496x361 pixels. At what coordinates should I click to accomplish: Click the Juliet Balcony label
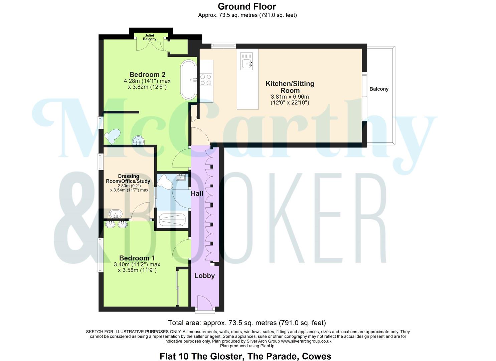[x=149, y=37]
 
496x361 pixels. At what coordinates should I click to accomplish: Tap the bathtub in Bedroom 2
[x=189, y=80]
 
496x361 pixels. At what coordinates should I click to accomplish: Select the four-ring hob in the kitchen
[x=206, y=80]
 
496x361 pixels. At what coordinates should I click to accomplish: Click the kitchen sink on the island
[x=247, y=62]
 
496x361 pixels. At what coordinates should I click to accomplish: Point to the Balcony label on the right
[x=379, y=89]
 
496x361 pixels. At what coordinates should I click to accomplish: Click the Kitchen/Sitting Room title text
[x=290, y=87]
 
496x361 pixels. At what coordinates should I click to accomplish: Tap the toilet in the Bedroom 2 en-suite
[x=112, y=136]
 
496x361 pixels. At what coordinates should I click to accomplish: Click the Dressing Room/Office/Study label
[x=128, y=179]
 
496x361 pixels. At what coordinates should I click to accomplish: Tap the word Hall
[x=197, y=194]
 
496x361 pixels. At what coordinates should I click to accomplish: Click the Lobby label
[x=204, y=276]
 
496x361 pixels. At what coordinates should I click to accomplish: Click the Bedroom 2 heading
[x=147, y=75]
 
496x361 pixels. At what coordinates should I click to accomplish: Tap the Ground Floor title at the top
[x=247, y=6]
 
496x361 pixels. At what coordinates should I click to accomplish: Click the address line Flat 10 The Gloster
[x=245, y=356]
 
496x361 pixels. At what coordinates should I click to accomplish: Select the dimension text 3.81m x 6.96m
[x=290, y=97]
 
